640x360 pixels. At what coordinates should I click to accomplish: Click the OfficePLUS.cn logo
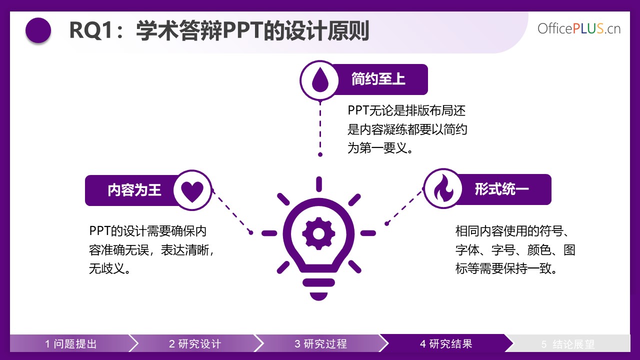[579, 28]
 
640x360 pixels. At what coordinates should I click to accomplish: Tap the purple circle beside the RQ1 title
[38, 30]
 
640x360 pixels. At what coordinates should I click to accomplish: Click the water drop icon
[320, 79]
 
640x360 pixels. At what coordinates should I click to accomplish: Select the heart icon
[192, 191]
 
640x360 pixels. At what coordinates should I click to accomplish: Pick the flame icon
[443, 188]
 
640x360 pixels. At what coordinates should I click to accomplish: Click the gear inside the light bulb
[318, 233]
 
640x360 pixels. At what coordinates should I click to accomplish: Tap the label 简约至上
[378, 79]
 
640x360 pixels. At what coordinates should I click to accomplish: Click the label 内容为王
[134, 190]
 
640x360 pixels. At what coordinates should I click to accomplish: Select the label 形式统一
[501, 189]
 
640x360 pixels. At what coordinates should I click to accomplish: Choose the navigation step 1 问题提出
[71, 343]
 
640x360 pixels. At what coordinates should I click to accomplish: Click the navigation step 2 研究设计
[195, 343]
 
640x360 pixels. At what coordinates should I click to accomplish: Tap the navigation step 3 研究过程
[320, 343]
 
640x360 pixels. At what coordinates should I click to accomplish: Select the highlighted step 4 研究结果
[446, 343]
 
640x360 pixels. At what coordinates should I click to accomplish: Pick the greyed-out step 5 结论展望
[567, 344]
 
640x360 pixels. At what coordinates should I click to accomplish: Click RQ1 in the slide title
[91, 30]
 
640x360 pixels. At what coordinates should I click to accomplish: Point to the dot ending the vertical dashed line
[320, 154]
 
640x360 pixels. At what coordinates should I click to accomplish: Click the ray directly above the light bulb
[319, 184]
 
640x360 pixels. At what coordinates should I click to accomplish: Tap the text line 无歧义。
[110, 269]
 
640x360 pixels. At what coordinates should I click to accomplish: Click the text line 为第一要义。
[380, 148]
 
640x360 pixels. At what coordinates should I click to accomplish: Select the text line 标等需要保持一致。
[506, 269]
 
